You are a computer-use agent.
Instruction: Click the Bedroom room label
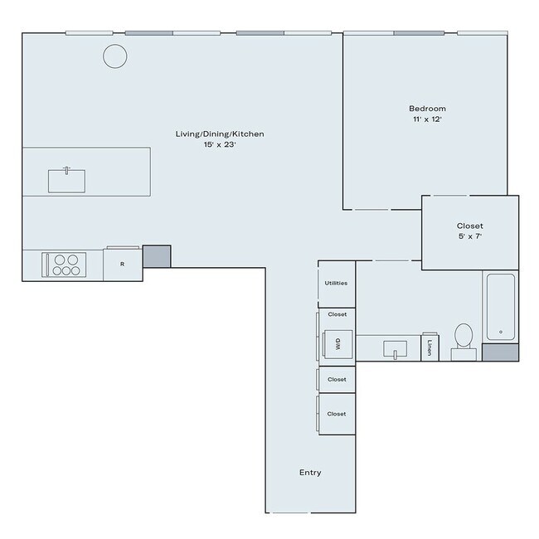427,109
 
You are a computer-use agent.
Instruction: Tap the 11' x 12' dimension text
427,121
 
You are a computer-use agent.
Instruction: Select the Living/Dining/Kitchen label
220,134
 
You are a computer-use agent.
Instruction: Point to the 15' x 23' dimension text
220,145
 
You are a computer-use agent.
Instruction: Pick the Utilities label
336,283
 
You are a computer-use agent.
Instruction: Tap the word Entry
310,473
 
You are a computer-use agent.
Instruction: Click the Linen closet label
430,347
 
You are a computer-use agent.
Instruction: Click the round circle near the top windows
114,56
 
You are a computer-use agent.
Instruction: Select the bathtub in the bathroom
500,307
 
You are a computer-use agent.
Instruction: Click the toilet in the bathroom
464,338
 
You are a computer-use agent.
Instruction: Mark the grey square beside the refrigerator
157,256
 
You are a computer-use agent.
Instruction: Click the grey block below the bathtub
500,352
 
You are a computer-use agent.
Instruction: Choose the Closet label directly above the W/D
337,314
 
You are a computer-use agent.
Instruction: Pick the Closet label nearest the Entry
337,413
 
